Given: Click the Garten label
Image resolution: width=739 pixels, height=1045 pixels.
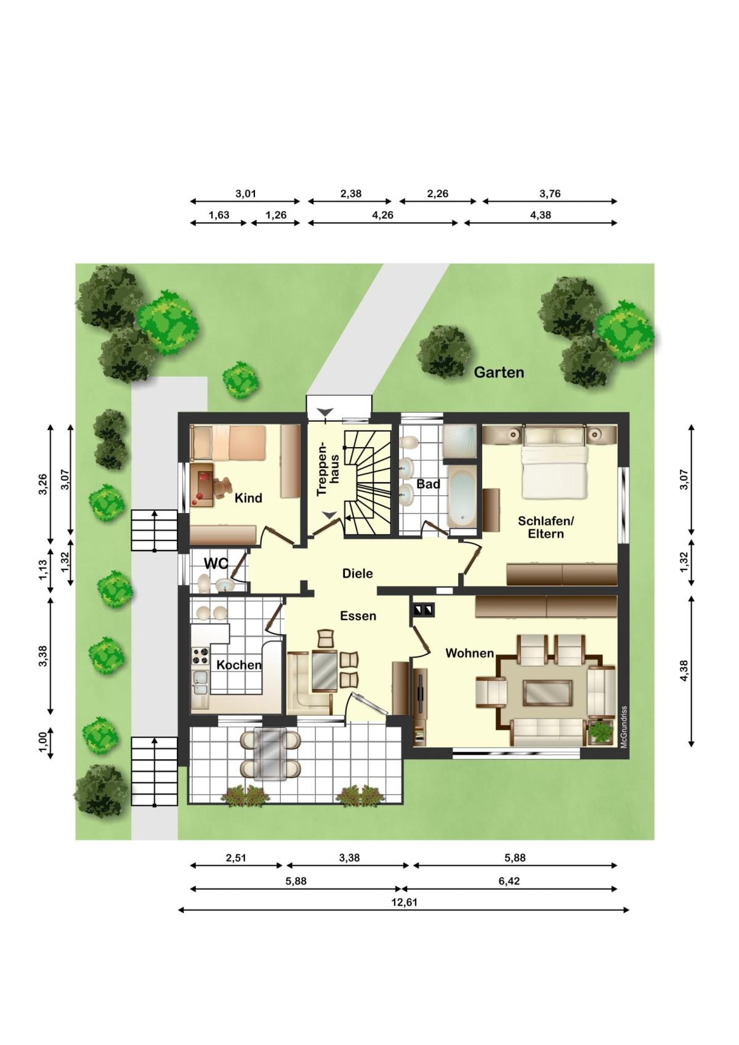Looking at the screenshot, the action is (x=499, y=373).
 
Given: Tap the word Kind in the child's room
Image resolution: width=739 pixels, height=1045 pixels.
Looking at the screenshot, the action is (x=248, y=498).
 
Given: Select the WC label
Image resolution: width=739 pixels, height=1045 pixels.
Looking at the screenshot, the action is (x=216, y=563).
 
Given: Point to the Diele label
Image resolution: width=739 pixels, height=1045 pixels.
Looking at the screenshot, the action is (x=357, y=573).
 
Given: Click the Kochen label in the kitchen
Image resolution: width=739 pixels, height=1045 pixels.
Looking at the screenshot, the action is (x=239, y=665).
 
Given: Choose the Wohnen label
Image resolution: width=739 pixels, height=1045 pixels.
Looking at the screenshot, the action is (x=469, y=653).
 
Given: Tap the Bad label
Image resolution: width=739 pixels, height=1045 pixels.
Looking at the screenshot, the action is (x=428, y=484).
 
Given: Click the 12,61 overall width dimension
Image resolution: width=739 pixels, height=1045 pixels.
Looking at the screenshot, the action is (x=404, y=902).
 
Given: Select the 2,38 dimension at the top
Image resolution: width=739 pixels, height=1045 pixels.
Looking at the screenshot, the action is (x=350, y=193).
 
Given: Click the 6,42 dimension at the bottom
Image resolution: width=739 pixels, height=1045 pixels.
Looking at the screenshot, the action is (x=509, y=881).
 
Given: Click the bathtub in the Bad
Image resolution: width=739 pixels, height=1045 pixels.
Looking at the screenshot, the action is (x=461, y=496).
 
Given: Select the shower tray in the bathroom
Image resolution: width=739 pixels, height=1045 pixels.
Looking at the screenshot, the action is (x=459, y=442).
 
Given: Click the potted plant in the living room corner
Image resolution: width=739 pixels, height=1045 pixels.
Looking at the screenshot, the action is (x=600, y=732).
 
